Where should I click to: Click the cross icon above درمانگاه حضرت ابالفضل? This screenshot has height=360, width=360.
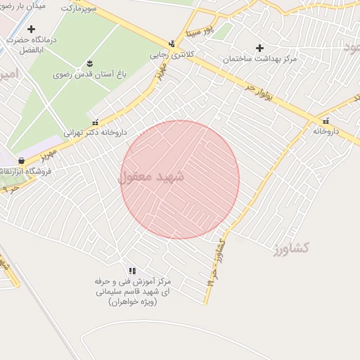click(x=31, y=29)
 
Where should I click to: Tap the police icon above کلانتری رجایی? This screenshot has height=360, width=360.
click(x=172, y=44)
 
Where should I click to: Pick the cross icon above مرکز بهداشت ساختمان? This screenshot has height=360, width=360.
click(x=259, y=48)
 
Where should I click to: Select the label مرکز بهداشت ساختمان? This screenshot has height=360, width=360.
click(x=260, y=59)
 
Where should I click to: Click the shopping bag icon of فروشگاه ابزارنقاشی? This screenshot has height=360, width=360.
click(x=21, y=161)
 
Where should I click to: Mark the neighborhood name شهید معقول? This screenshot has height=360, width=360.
click(x=150, y=177)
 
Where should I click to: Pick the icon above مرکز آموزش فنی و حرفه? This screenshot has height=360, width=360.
click(x=132, y=271)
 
